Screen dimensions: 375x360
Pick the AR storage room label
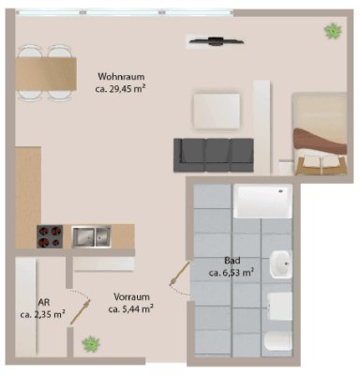(x=42, y=302)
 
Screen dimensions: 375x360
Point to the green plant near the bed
(x=332, y=31)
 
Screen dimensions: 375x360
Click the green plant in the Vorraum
(x=91, y=344)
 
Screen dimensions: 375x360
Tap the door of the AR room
(x=78, y=301)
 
